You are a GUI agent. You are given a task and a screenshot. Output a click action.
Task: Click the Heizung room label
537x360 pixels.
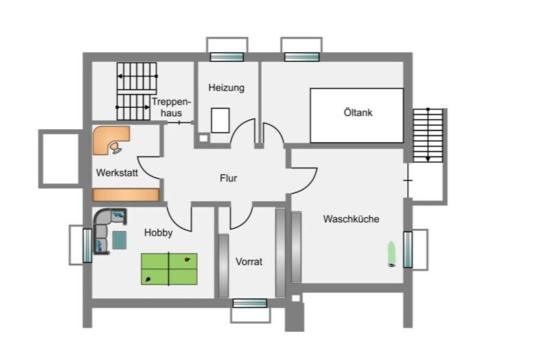(x=227, y=88)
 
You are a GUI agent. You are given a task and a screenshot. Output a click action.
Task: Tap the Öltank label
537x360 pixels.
(x=358, y=113)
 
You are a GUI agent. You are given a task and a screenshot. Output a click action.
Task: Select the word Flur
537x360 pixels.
(x=229, y=178)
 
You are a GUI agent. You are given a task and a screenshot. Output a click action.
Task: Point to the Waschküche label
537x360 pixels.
(x=351, y=219)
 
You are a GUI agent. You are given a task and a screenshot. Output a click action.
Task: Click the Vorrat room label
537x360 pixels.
(x=249, y=262)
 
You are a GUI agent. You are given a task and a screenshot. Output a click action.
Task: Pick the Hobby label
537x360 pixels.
(x=158, y=233)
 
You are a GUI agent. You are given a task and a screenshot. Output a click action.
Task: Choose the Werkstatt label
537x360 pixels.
(x=117, y=172)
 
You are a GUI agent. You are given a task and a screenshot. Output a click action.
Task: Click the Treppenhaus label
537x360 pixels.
(x=171, y=107)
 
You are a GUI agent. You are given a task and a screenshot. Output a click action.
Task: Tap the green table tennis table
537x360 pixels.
(x=169, y=269)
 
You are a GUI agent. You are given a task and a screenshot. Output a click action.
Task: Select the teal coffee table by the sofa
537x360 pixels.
(x=119, y=240)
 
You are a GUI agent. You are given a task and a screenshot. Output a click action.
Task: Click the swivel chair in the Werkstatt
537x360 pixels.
(x=115, y=148)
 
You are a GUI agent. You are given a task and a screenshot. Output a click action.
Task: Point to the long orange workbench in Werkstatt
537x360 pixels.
(x=126, y=194)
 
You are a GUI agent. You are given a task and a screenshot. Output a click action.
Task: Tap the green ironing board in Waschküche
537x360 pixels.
(x=391, y=254)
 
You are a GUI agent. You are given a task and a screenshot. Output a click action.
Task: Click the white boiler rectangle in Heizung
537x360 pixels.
(x=220, y=120)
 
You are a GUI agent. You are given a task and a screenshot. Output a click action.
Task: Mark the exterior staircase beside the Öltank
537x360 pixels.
(x=428, y=135)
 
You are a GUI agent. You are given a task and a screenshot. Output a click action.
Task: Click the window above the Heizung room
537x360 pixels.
(x=227, y=56)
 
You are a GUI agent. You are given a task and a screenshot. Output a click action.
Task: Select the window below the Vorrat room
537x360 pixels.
(x=250, y=303)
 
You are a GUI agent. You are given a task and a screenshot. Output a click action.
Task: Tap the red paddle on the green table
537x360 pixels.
(x=187, y=259)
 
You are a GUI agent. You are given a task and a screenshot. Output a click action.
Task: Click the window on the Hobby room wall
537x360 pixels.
(x=88, y=245)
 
